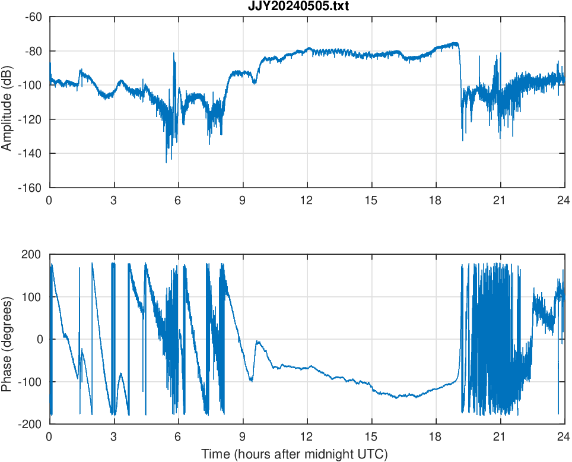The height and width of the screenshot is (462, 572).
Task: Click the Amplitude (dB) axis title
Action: pyautogui.click(x=7, y=102)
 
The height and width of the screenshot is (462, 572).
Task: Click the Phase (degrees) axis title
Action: pyautogui.click(x=7, y=339)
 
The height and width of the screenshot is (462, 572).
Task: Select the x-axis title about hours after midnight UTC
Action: pyautogui.click(x=294, y=454)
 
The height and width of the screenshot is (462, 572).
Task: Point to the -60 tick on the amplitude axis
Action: pyautogui.click(x=33, y=17)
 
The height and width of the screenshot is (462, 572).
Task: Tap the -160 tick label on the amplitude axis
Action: pyautogui.click(x=31, y=188)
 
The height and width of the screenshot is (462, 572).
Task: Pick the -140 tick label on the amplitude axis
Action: pyautogui.click(x=31, y=153)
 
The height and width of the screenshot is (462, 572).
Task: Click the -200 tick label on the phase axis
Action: pyautogui.click(x=31, y=424)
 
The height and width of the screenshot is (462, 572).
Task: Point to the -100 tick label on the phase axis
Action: pyautogui.click(x=31, y=382)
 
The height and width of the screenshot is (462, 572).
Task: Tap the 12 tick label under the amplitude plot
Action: pyautogui.click(x=307, y=201)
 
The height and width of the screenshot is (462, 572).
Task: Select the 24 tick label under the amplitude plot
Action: pyautogui.click(x=564, y=201)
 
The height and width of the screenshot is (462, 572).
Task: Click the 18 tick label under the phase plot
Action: pyautogui.click(x=436, y=437)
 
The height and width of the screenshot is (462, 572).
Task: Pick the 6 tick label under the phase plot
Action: pyautogui.click(x=178, y=437)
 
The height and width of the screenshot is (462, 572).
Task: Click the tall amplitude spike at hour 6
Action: pyautogui.click(x=174, y=53)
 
